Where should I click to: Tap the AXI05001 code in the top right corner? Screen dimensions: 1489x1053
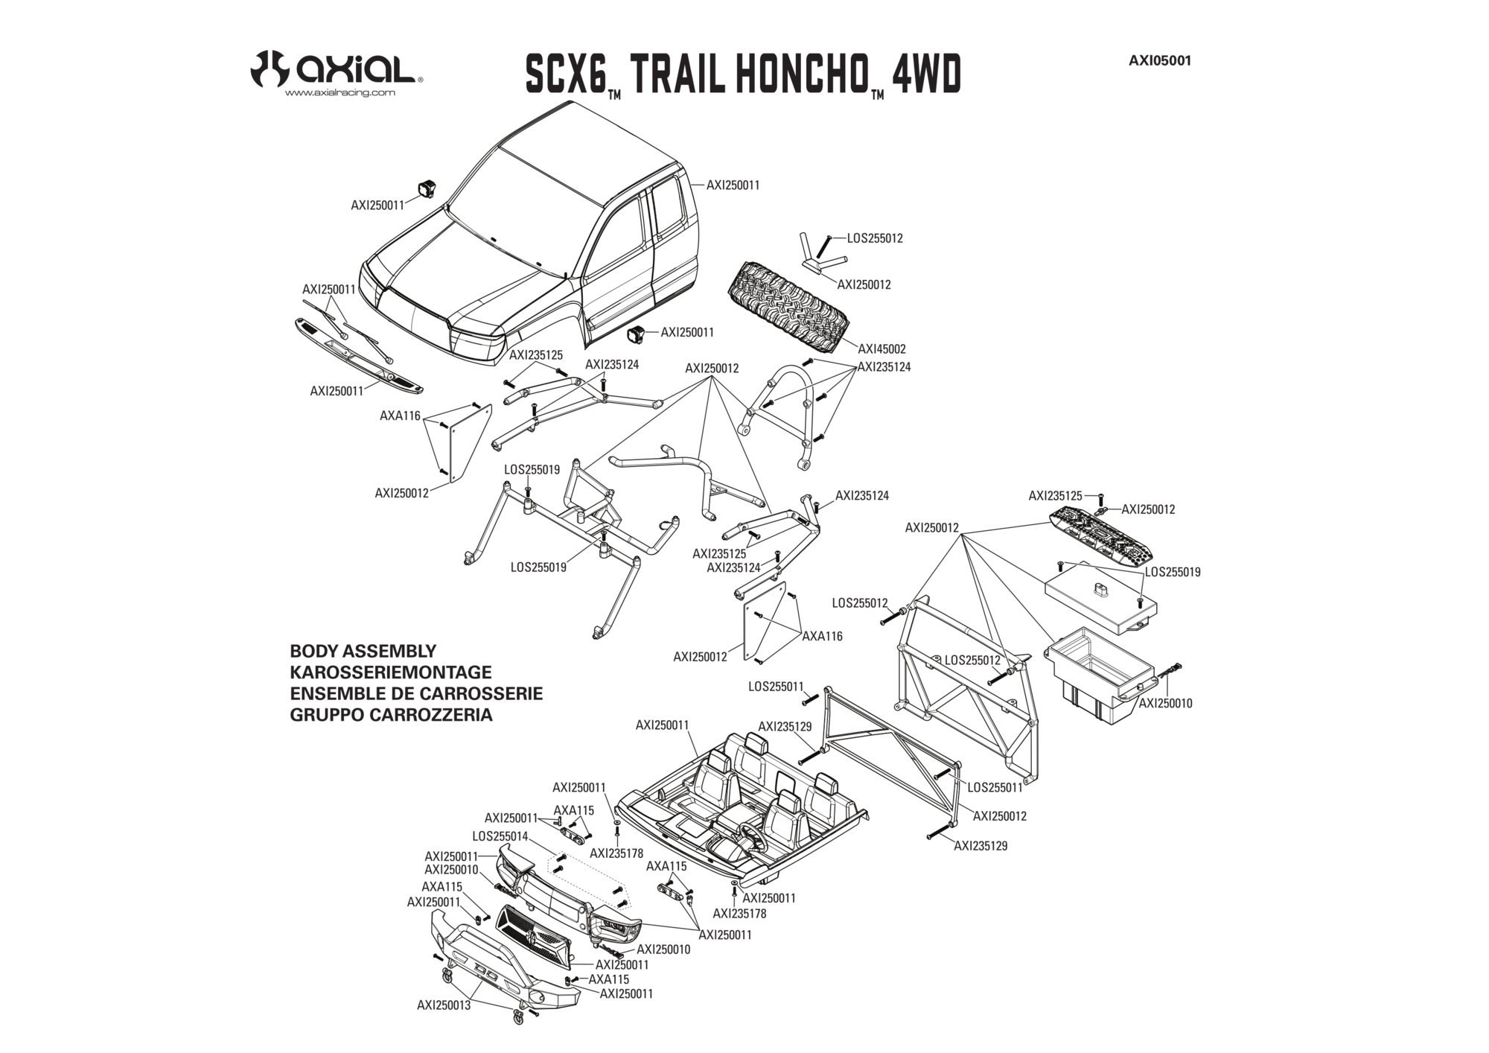coord(1159,61)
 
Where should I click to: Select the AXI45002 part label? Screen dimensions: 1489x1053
coord(881,349)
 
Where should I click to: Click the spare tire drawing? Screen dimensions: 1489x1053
coord(790,306)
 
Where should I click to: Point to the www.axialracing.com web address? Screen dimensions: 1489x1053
coord(339,93)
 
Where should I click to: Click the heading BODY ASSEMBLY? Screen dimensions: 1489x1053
coord(363,651)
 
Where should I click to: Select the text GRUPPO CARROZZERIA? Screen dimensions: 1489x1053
coord(391,715)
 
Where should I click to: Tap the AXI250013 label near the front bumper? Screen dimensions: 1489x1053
coord(444,1005)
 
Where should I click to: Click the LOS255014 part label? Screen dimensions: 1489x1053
coord(499,836)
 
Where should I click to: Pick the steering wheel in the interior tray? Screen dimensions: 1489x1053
coord(750,837)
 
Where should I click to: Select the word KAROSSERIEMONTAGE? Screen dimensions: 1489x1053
coord(390,672)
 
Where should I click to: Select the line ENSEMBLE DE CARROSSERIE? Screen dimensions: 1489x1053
coord(416,694)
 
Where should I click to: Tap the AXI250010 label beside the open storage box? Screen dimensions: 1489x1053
coord(1165,703)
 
